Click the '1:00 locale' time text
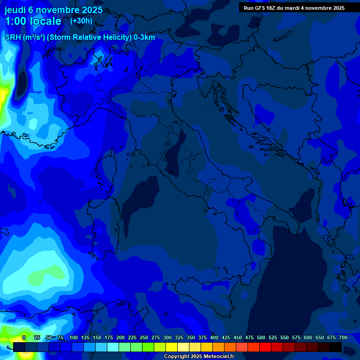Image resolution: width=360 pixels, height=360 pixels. pos(33,21)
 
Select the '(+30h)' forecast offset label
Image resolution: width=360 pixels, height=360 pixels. pos(81,21)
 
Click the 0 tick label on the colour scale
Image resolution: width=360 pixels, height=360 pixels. pos(24,337)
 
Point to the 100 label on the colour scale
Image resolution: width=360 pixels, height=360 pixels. pos(74,337)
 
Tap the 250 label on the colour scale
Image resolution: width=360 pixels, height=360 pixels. pos(144,337)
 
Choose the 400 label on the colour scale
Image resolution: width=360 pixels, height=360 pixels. pos(214,337)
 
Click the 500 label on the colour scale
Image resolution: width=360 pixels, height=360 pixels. pos(261,337)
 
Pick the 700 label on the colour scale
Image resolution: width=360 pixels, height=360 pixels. pos(343,337)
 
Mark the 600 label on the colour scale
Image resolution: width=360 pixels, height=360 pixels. pos(308,337)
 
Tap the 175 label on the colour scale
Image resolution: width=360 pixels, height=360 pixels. pos(109,337)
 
